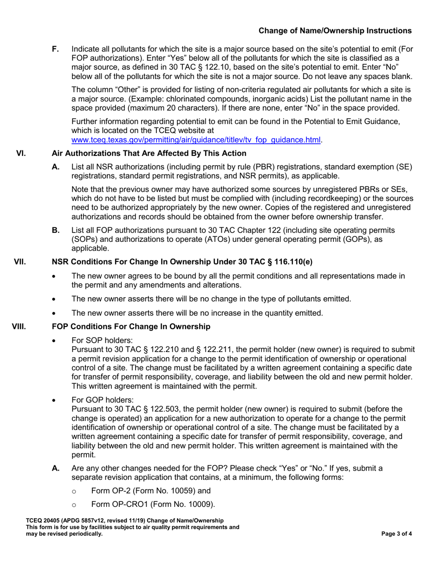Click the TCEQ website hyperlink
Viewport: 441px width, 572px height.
196,139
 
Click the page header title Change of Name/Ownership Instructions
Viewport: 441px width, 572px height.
335,31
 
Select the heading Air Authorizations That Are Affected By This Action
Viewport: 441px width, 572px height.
149,153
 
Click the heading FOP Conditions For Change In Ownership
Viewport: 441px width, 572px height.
131,327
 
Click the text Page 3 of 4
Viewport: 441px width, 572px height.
396,534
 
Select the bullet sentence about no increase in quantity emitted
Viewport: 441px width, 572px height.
197,313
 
